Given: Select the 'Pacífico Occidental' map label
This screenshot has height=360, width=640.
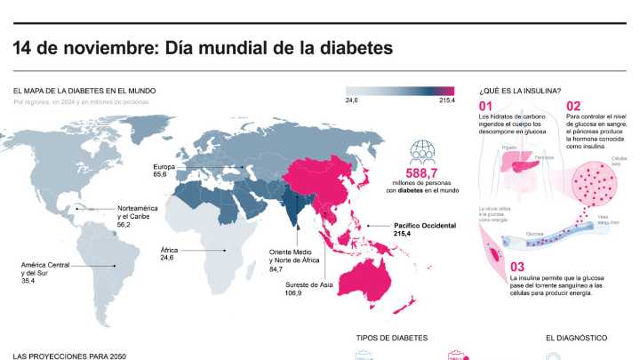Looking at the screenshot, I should [x=424, y=225].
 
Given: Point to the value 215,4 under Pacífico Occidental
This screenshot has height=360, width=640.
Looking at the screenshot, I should [x=405, y=234].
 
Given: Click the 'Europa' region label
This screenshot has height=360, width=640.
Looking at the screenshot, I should [x=164, y=166].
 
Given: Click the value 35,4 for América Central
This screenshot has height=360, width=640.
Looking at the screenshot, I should [x=28, y=280].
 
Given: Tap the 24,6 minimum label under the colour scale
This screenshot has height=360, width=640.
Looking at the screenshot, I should [x=352, y=100].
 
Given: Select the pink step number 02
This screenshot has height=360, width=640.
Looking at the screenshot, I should [x=574, y=106].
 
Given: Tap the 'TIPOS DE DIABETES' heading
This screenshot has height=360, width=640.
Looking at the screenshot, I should [x=392, y=338].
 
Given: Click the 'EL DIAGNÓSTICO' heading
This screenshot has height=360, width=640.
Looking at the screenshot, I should [x=576, y=338].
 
